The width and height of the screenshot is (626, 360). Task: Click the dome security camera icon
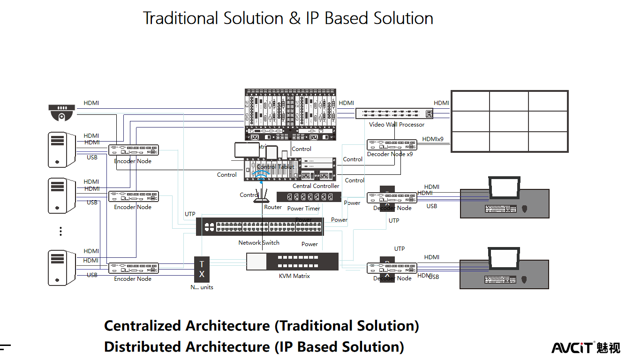(x=61, y=112)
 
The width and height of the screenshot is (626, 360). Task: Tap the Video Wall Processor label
(x=396, y=125)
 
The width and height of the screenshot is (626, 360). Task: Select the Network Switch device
(x=259, y=227)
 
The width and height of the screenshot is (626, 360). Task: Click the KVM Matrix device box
(x=292, y=262)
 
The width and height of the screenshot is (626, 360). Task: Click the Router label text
(x=273, y=207)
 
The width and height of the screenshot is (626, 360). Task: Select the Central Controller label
(x=316, y=186)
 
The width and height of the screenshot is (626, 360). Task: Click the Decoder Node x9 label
(x=390, y=154)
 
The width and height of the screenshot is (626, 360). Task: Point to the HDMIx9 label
(x=432, y=139)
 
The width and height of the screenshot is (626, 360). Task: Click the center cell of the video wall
(x=509, y=121)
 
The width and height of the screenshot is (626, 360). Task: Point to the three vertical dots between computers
(x=60, y=231)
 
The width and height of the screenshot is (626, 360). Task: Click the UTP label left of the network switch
(x=190, y=214)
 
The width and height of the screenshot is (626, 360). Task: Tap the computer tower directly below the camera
(x=61, y=150)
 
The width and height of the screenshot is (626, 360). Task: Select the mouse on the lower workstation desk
(x=524, y=279)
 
